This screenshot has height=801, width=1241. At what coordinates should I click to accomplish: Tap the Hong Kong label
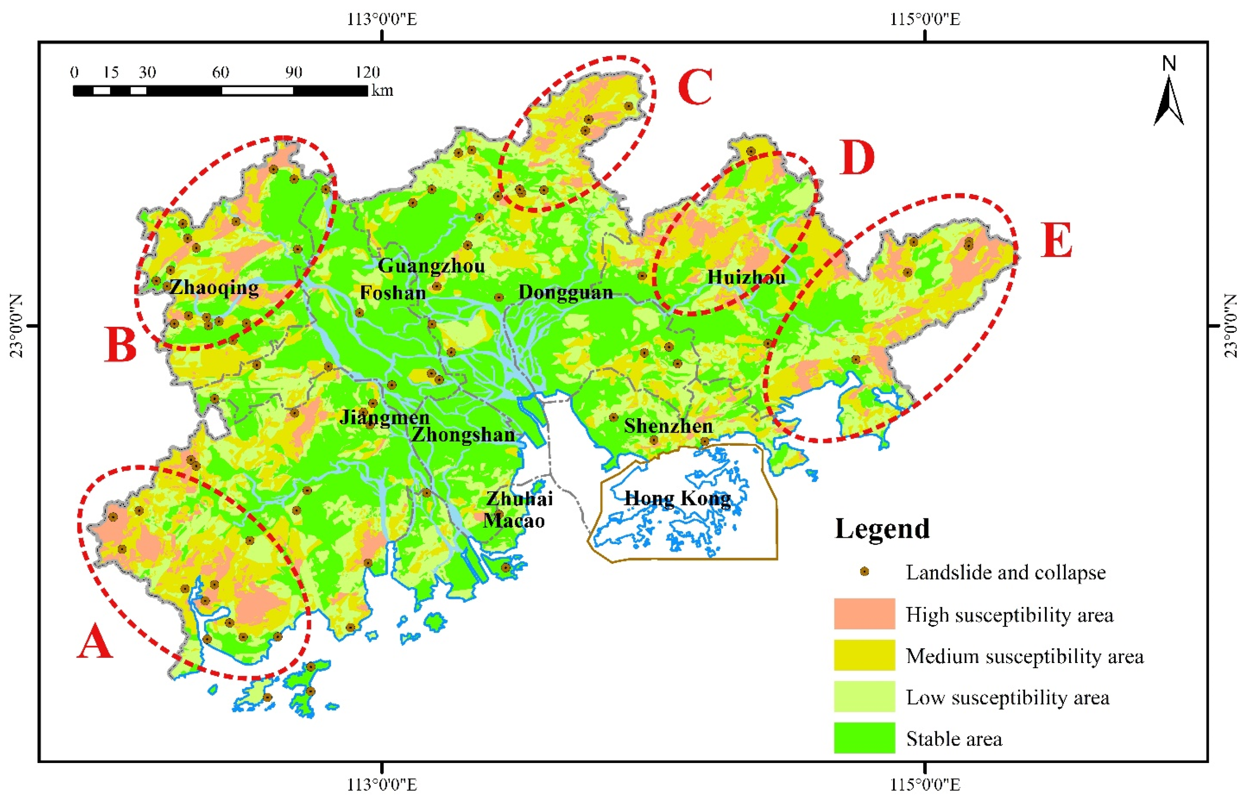click(x=677, y=498)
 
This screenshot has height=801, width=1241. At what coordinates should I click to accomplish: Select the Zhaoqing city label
click(x=214, y=287)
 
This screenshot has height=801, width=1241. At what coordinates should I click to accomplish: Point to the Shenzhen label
click(x=668, y=426)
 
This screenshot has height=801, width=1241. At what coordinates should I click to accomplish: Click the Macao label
click(x=514, y=521)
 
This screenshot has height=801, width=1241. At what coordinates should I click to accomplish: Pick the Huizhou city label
click(x=746, y=277)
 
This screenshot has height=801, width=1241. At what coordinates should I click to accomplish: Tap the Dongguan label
click(x=566, y=292)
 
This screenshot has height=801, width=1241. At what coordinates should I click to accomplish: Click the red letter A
click(x=95, y=642)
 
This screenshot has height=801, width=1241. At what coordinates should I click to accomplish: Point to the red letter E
click(x=1056, y=240)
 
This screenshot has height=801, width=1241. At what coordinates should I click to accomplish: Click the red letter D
click(x=857, y=157)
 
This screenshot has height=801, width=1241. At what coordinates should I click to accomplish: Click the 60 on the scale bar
click(x=220, y=72)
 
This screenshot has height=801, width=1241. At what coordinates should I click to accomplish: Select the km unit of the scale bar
click(x=382, y=91)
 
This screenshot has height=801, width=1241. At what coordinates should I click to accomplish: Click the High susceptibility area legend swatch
click(x=864, y=614)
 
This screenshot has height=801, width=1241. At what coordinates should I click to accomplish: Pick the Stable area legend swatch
click(x=864, y=737)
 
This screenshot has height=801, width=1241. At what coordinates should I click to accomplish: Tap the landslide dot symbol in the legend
click(x=865, y=571)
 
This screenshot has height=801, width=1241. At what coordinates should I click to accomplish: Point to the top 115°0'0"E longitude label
click(x=924, y=19)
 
